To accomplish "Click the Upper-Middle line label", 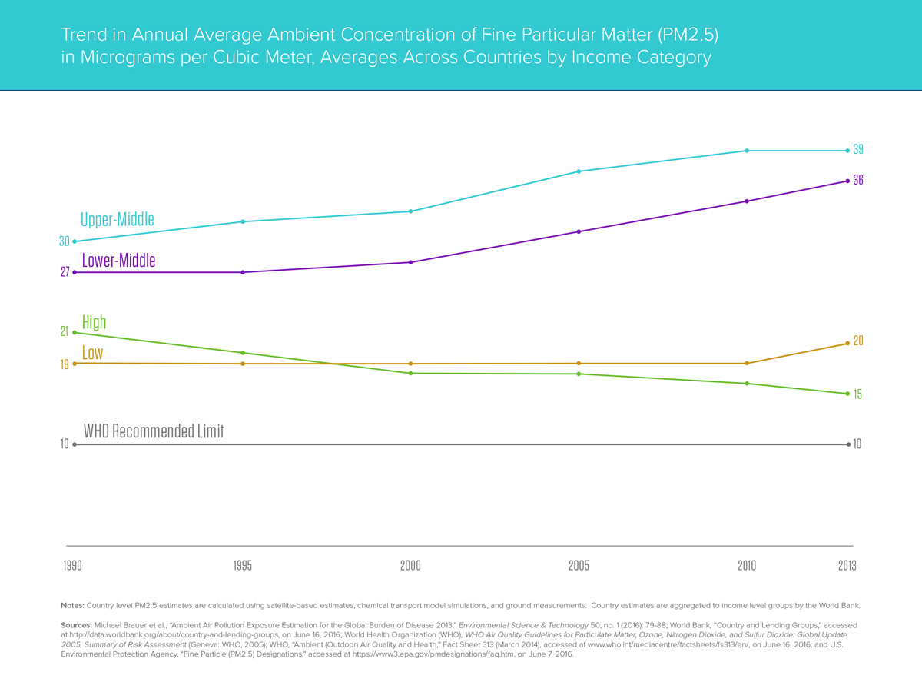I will (x=118, y=219).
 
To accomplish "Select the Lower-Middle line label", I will (x=118, y=261).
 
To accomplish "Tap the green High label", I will (x=94, y=322).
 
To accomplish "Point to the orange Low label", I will (x=92, y=354).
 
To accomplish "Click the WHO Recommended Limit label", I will (x=153, y=431).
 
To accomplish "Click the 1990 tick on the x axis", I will (x=73, y=566).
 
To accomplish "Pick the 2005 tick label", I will (x=579, y=566).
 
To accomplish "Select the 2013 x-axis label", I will (x=847, y=566).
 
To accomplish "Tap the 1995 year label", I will (x=242, y=566).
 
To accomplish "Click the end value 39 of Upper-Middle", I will (x=859, y=149).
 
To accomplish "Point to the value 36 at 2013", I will (x=858, y=180).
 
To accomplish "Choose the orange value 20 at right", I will (x=858, y=341).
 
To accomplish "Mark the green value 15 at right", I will (x=857, y=394).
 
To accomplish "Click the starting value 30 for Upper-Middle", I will (x=65, y=241).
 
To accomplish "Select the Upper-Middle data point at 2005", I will (x=579, y=171).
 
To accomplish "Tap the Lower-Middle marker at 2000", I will (x=411, y=262).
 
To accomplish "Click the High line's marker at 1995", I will (x=243, y=353).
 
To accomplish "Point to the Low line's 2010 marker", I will (x=746, y=363).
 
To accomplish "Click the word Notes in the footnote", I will (x=73, y=605).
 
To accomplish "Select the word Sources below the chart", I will (x=76, y=625).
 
